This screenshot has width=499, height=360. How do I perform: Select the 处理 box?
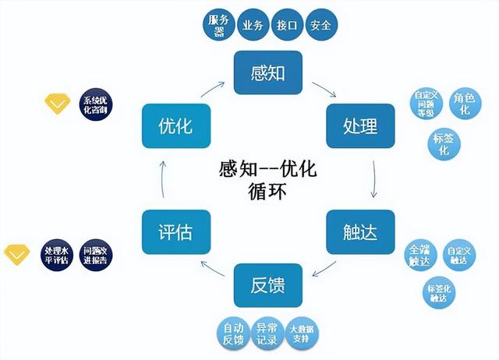point(360,125)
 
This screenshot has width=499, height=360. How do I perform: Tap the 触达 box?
point(360,231)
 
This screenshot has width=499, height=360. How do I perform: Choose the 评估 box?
point(175,231)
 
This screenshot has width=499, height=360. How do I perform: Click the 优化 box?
point(175,125)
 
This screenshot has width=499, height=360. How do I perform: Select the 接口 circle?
point(286,25)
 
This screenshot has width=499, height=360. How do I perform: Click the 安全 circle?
point(320,25)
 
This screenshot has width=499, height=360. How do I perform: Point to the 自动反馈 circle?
point(233,334)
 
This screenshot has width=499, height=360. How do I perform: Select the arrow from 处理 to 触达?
point(375,178)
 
